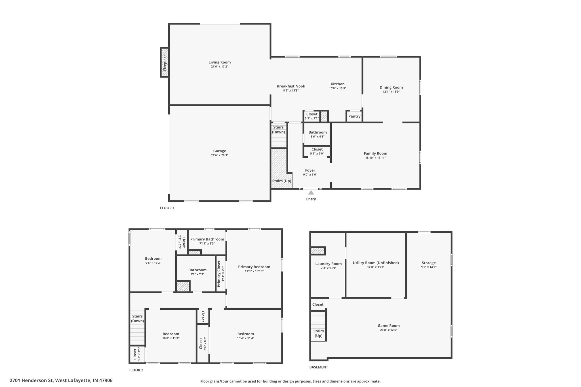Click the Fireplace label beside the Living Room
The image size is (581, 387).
(x=165, y=62)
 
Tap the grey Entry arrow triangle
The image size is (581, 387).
(x=311, y=193)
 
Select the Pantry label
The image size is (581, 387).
(x=354, y=116)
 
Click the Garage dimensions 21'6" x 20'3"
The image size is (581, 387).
(x=220, y=155)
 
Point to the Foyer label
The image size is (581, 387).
(x=310, y=170)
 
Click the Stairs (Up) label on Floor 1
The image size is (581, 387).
(x=282, y=181)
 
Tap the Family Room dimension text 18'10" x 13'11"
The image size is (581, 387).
(x=375, y=158)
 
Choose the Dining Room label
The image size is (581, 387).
(x=391, y=87)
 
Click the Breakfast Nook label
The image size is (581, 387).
(x=291, y=86)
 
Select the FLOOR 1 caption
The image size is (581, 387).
(x=167, y=208)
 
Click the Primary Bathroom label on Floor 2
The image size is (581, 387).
(x=207, y=239)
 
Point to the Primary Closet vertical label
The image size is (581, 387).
(x=219, y=274)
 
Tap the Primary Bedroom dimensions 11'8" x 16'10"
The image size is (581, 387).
(x=254, y=271)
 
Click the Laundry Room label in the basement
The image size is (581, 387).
(x=329, y=264)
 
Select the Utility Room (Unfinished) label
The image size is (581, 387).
(x=376, y=263)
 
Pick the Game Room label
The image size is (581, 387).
(x=389, y=326)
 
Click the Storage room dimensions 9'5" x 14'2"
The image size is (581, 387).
(x=429, y=267)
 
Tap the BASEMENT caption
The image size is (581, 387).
(x=319, y=367)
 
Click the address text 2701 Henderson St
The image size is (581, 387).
(x=31, y=380)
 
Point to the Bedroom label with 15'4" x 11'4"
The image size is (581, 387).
(x=246, y=334)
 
